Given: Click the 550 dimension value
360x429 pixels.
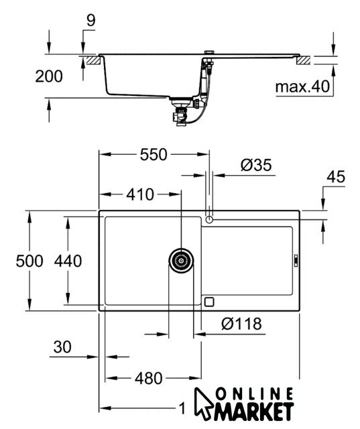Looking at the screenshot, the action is [x=154, y=155].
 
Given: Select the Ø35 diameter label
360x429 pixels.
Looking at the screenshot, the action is [x=256, y=165].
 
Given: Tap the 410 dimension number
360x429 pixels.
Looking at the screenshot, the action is [x=140, y=194].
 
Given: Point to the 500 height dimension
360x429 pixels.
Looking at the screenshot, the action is [x=29, y=261].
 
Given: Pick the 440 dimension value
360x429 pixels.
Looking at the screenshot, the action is [x=68, y=261].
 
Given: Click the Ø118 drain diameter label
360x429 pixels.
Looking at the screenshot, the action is [x=241, y=324].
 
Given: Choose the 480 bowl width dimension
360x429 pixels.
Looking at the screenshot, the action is [x=149, y=378].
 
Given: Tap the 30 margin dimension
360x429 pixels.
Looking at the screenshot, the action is [x=62, y=347].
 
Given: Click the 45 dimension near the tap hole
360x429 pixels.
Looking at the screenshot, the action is [x=336, y=176].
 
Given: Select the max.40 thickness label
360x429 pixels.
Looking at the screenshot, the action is [x=302, y=86].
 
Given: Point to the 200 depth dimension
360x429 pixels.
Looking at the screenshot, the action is [x=49, y=76].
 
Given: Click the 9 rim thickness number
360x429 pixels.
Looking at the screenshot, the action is [x=91, y=21].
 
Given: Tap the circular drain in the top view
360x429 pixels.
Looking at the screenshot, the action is [x=181, y=261].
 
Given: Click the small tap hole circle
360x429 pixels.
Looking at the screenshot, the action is [x=209, y=219].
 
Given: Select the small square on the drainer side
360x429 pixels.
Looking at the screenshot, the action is [x=209, y=302].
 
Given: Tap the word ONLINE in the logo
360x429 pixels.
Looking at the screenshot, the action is [x=254, y=395].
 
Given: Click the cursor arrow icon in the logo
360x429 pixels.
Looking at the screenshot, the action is [x=203, y=404].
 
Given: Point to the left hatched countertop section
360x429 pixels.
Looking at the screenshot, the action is [x=93, y=60].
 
